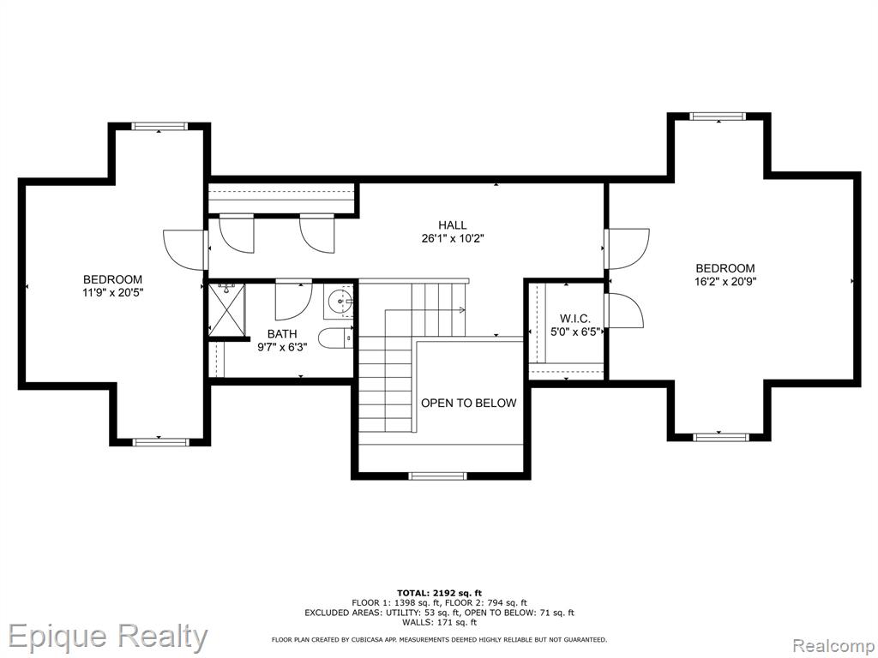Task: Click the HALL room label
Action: [x=453, y=225]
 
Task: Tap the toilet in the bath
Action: [x=335, y=338]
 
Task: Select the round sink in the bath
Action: [x=340, y=302]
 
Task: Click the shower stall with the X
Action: [x=226, y=309]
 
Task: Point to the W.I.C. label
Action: [x=575, y=319]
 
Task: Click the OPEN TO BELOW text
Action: [x=469, y=403]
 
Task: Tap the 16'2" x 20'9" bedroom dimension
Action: [x=725, y=282]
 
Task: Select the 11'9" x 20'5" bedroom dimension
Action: [x=112, y=292]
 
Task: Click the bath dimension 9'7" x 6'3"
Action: [x=282, y=348]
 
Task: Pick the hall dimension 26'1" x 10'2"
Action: [x=453, y=239]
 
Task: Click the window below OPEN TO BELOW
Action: [x=437, y=476]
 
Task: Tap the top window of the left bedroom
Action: [x=159, y=126]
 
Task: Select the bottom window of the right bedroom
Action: [x=720, y=437]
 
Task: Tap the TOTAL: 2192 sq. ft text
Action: [x=439, y=593]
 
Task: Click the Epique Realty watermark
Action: [x=107, y=637]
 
